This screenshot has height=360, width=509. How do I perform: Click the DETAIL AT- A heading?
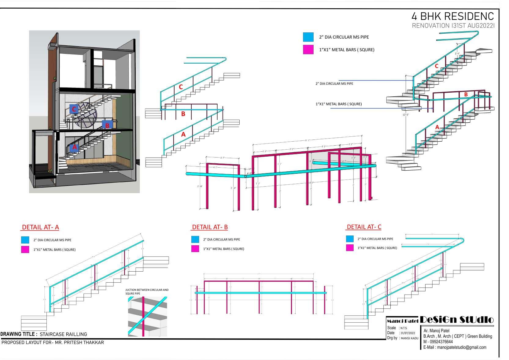[x=40, y=227]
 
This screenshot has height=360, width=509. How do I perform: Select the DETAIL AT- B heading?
[x=210, y=227]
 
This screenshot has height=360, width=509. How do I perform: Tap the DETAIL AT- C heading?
[x=364, y=227]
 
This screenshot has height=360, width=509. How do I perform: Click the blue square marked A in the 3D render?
[x=74, y=147]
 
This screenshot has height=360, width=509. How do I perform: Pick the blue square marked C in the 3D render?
[x=74, y=109]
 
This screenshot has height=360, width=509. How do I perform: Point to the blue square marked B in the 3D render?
[x=107, y=125]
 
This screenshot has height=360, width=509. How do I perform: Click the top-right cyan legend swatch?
[x=308, y=37]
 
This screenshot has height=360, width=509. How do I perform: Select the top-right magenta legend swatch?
[x=308, y=50]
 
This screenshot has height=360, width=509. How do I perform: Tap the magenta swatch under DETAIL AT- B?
[x=195, y=249]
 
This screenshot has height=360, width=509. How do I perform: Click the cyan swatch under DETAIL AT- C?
[x=350, y=239]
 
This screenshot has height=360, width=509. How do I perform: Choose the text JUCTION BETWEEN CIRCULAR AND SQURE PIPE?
[x=147, y=291]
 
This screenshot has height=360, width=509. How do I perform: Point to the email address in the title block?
[x=462, y=347]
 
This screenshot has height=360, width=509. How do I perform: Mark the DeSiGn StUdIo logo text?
[x=457, y=320]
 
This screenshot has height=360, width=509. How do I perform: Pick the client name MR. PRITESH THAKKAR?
[x=79, y=343]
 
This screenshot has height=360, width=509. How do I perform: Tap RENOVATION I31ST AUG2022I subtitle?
[x=453, y=26]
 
